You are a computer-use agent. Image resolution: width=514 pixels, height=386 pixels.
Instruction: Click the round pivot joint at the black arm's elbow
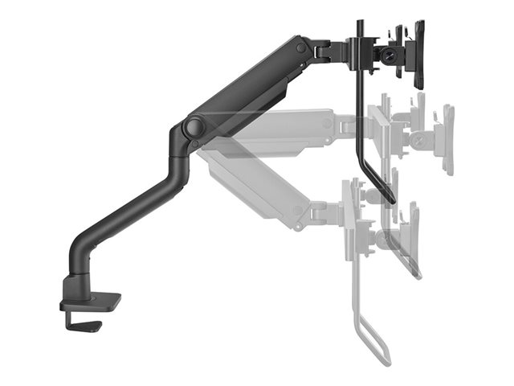click(x=193, y=127)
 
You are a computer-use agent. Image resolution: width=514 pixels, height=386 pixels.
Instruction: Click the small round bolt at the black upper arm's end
click(x=301, y=48)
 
